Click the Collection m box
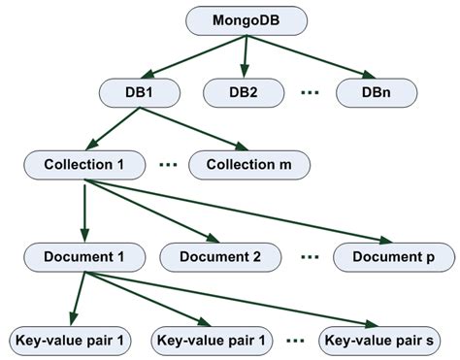(x=249, y=164)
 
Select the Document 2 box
(x=222, y=256)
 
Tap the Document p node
(x=393, y=256)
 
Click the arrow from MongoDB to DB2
(x=245, y=56)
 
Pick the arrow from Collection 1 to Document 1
(x=83, y=209)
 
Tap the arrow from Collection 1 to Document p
(x=243, y=212)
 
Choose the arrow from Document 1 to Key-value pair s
(x=233, y=301)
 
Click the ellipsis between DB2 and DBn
(x=310, y=93)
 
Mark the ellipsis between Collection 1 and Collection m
(x=167, y=165)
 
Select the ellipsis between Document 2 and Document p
(x=309, y=257)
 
